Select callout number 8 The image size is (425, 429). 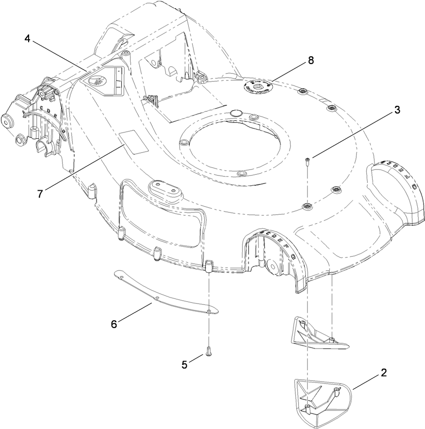(310, 60)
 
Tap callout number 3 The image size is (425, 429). (397, 110)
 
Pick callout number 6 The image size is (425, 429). (114, 324)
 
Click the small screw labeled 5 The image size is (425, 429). (209, 350)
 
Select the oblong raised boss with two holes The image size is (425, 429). (163, 188)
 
